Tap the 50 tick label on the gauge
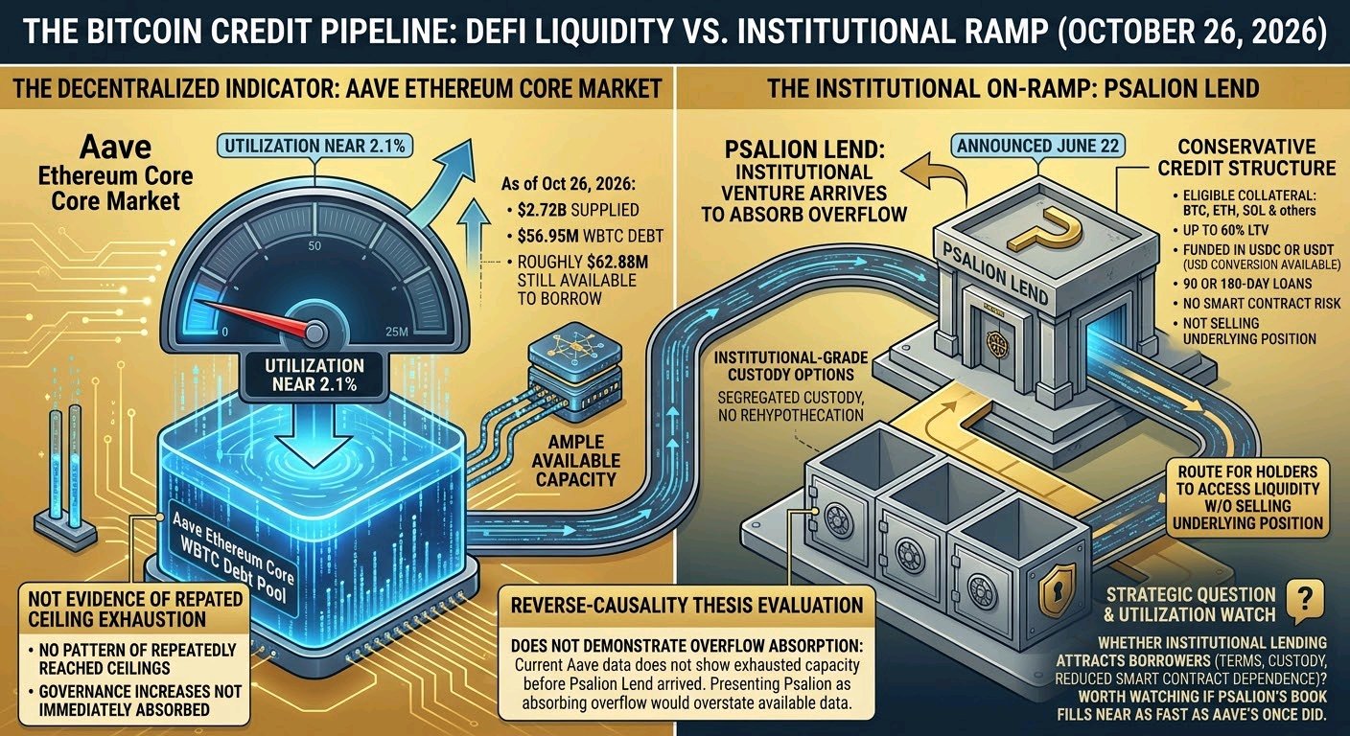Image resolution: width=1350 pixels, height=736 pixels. click(314, 245)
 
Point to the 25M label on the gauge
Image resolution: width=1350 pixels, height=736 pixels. click(396, 332)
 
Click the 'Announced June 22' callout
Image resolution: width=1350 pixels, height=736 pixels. click(1037, 146)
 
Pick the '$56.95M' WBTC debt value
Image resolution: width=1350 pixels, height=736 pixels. click(547, 236)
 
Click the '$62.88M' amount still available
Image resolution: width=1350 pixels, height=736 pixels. click(617, 262)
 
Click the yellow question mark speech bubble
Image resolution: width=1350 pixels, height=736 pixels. click(1304, 601)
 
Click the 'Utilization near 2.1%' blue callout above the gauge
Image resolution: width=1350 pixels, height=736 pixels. click(314, 146)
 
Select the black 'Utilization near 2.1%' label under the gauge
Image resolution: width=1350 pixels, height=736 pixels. click(314, 376)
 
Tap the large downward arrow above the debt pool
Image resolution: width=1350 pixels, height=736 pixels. click(314, 435)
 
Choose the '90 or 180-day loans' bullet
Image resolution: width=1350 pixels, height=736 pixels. click(1242, 284)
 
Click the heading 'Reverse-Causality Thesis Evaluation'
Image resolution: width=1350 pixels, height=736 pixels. click(687, 606)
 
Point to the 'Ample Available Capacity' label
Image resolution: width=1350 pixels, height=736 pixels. click(575, 461)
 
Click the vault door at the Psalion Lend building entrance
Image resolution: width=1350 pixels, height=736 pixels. click(995, 344)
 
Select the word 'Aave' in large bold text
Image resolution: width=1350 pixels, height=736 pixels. click(116, 147)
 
